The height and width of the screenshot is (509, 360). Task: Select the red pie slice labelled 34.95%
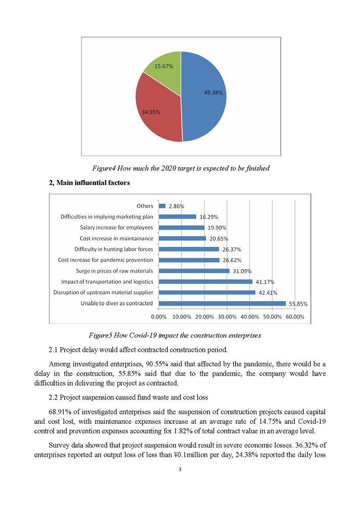[x=155, y=108]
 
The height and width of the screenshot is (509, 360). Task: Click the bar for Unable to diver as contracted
[x=222, y=304]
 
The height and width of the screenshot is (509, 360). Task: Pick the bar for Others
[x=162, y=206]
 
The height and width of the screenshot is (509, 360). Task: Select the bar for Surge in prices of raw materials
[x=194, y=271]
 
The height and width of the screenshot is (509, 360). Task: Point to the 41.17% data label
[x=265, y=282]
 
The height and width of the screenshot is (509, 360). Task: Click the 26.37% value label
[x=232, y=249]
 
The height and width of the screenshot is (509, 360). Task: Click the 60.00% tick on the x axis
[x=295, y=317]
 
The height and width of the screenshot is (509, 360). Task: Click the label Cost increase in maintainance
[x=116, y=238]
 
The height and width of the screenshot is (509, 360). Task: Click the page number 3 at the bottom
[x=181, y=470]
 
